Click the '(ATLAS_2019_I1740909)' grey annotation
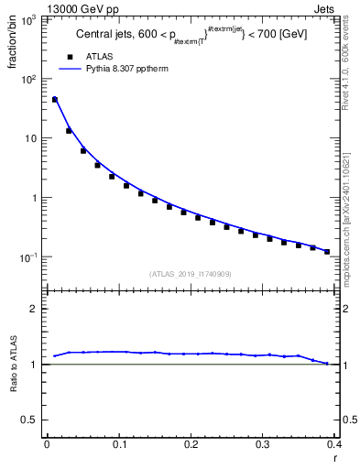tap(191, 274)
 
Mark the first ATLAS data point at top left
tap(54, 99)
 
